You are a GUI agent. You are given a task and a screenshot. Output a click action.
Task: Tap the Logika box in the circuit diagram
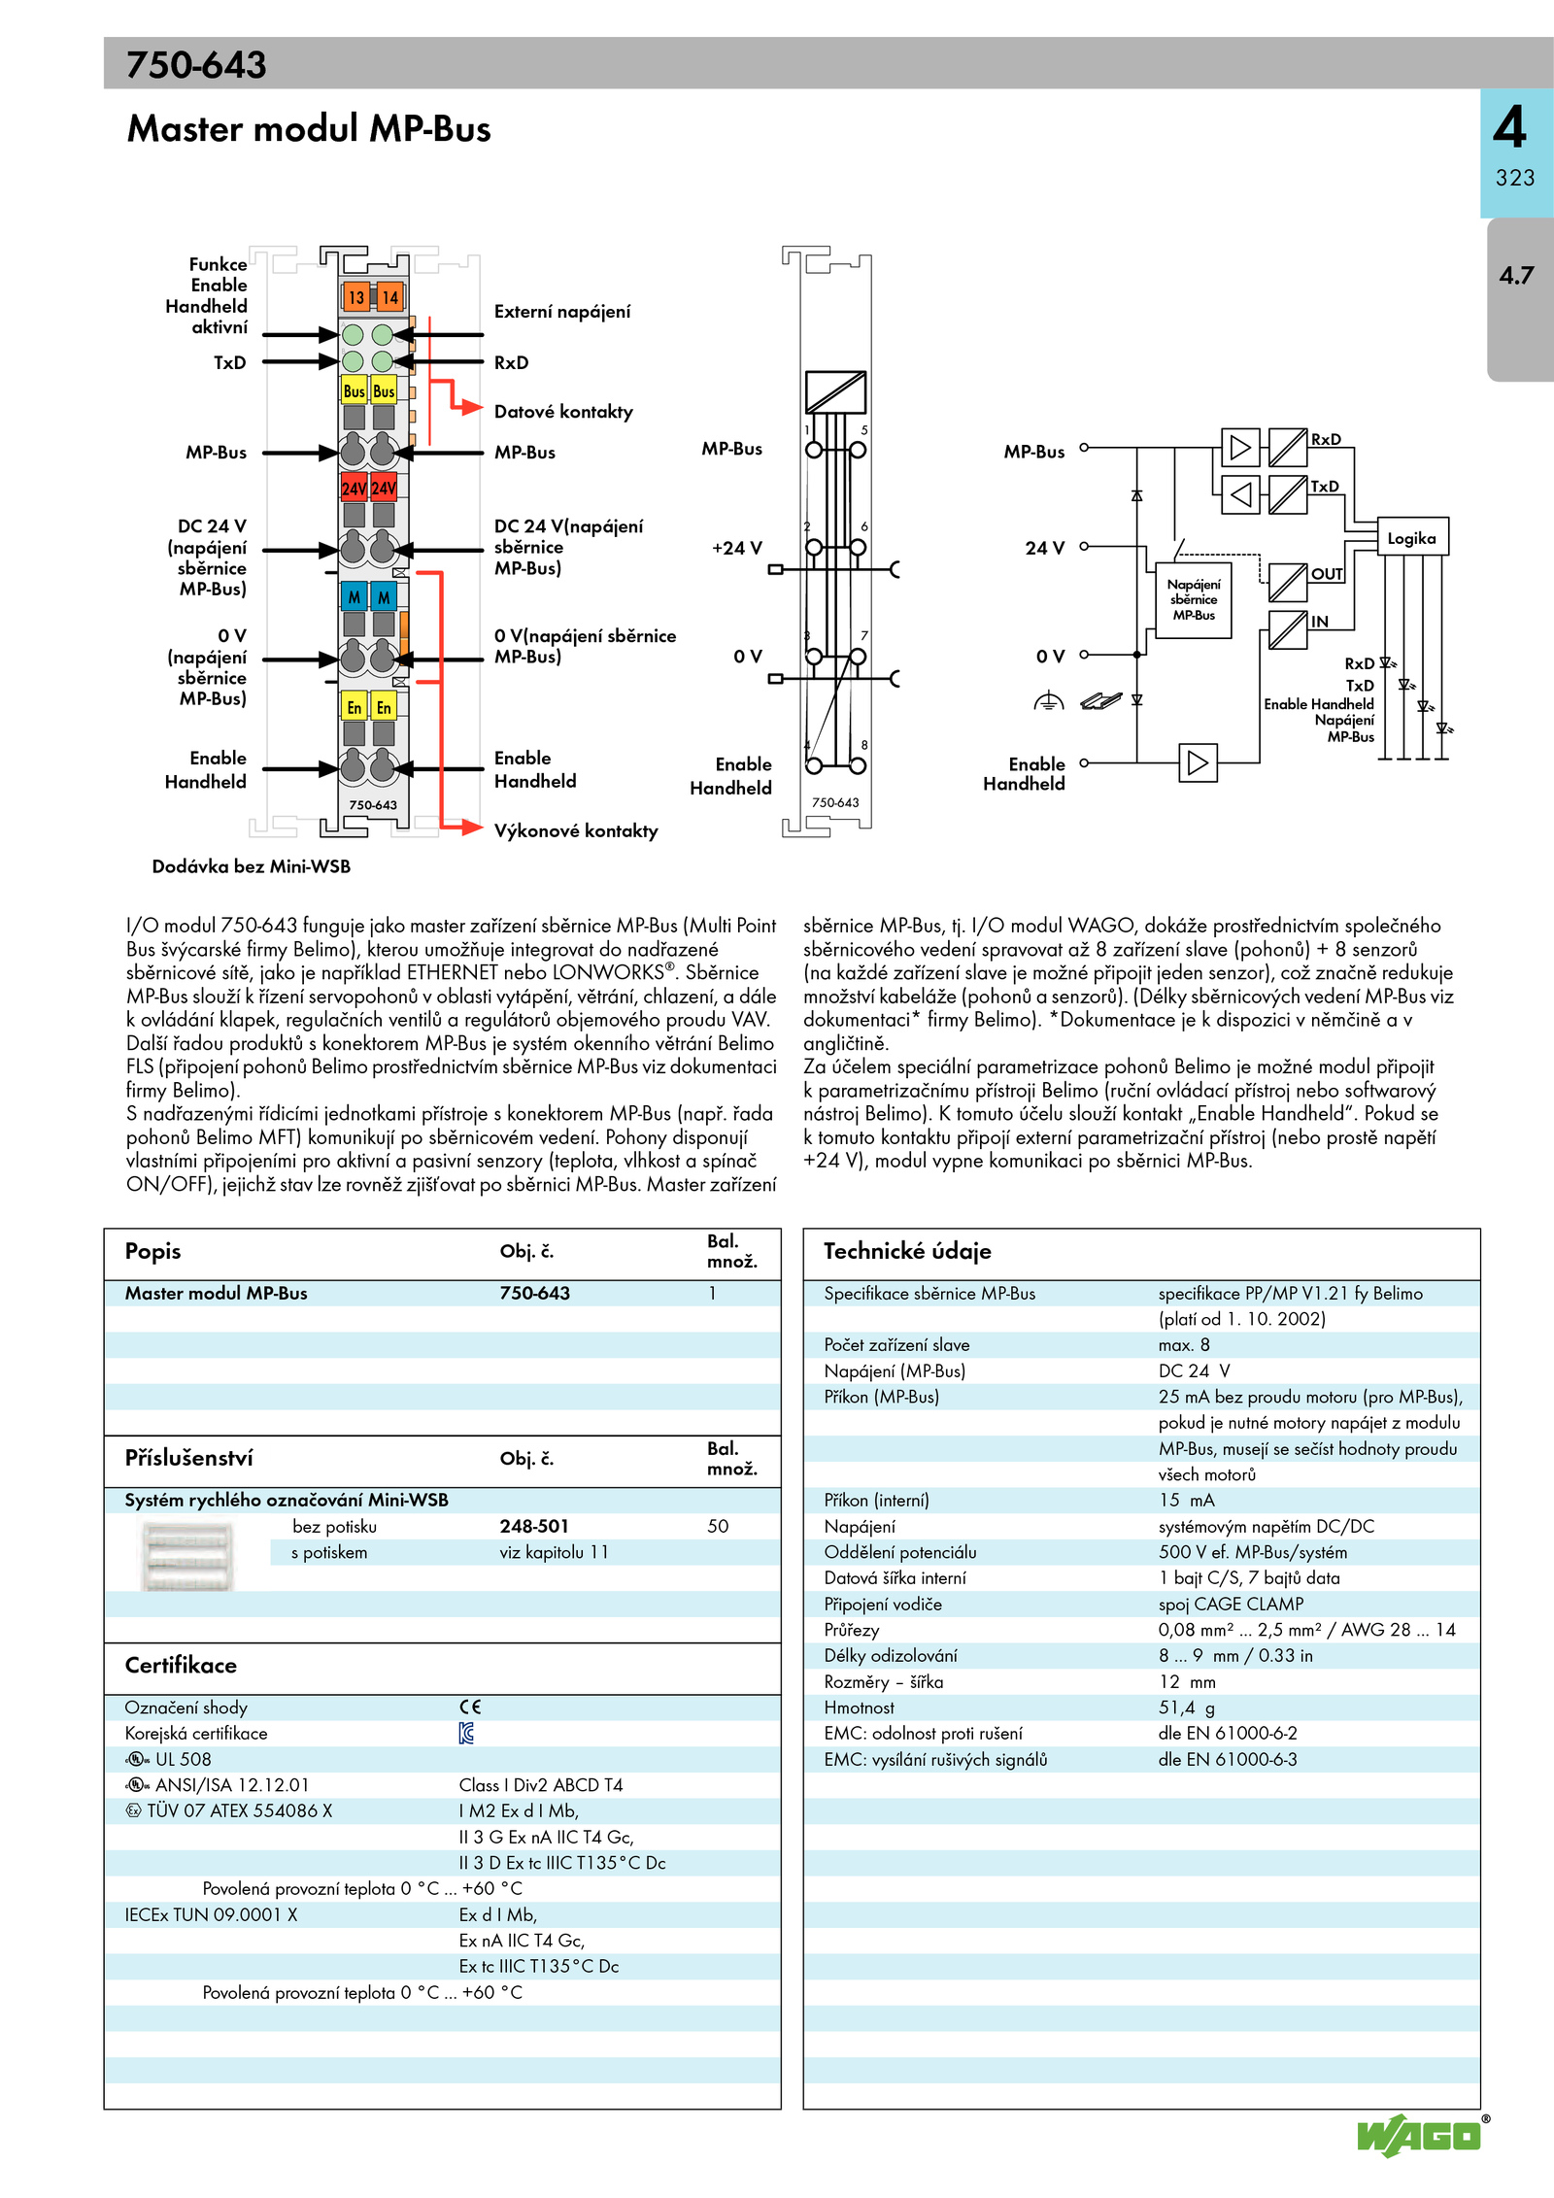[1412, 538]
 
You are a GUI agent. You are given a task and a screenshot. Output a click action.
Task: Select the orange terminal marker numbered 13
[356, 297]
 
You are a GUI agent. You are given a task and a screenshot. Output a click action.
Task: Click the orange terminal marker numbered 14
[389, 297]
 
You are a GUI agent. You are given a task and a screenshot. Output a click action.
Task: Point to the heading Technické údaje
[907, 1251]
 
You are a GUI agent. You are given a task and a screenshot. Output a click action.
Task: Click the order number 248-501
[534, 1526]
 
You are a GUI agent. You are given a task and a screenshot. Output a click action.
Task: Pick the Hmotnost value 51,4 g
[1186, 1708]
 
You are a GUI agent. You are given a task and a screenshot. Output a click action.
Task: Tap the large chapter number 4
[1510, 126]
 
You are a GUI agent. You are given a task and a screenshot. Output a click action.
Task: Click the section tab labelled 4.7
[1516, 276]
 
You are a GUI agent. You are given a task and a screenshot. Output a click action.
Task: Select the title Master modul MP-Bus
[309, 128]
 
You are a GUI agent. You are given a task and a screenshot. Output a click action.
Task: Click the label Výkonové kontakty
[576, 830]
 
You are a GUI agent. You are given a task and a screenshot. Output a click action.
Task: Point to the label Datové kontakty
[563, 412]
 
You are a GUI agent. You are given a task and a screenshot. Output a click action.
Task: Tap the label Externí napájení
[562, 312]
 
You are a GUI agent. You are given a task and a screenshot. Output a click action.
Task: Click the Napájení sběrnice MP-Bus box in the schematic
[1194, 599]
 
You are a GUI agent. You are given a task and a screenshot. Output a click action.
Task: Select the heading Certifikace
[181, 1665]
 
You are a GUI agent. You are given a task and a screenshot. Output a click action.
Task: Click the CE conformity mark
[470, 1707]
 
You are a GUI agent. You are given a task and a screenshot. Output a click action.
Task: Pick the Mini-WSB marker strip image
[187, 1556]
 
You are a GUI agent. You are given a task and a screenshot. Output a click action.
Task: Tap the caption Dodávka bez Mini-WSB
[251, 866]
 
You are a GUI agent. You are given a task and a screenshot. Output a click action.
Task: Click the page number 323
[1515, 178]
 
